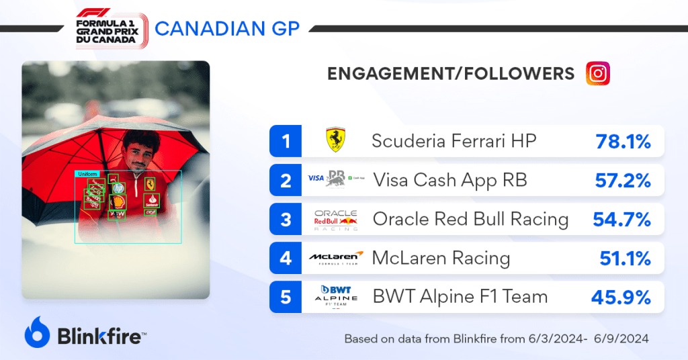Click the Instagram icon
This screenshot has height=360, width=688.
(x=597, y=73)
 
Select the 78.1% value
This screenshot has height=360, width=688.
(x=623, y=141)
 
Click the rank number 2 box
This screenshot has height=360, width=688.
(x=286, y=180)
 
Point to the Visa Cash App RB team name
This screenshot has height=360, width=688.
(x=449, y=180)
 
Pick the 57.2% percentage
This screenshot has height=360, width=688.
(x=623, y=180)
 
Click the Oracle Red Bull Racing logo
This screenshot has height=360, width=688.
(x=336, y=219)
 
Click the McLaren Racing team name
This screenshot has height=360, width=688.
(x=441, y=258)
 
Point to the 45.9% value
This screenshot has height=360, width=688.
(x=621, y=296)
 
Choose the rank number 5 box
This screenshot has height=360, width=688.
(x=286, y=296)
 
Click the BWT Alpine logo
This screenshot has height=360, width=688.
(x=336, y=296)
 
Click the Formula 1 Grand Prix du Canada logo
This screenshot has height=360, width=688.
(x=112, y=28)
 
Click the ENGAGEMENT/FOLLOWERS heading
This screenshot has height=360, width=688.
(x=451, y=74)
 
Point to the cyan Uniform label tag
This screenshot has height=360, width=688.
(x=87, y=174)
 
